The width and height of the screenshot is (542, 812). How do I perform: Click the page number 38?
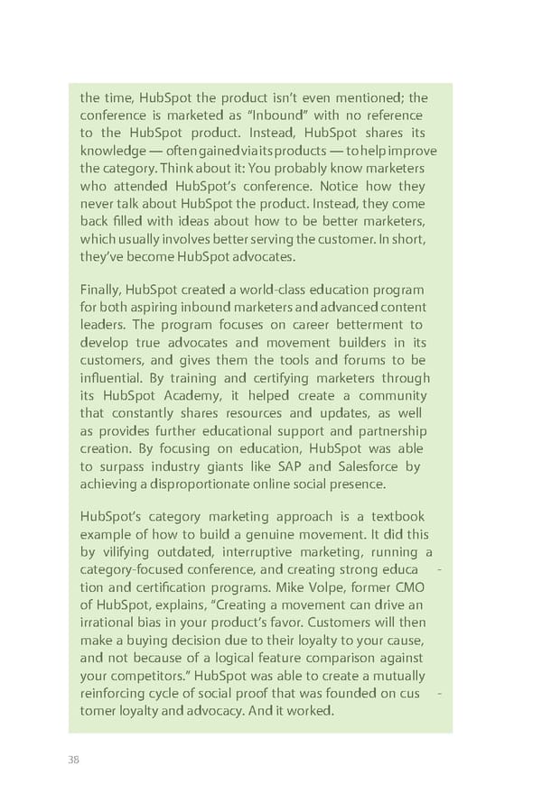point(74,759)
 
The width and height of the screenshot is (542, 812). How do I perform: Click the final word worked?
point(311,712)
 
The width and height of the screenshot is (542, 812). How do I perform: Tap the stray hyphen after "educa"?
point(438,570)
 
